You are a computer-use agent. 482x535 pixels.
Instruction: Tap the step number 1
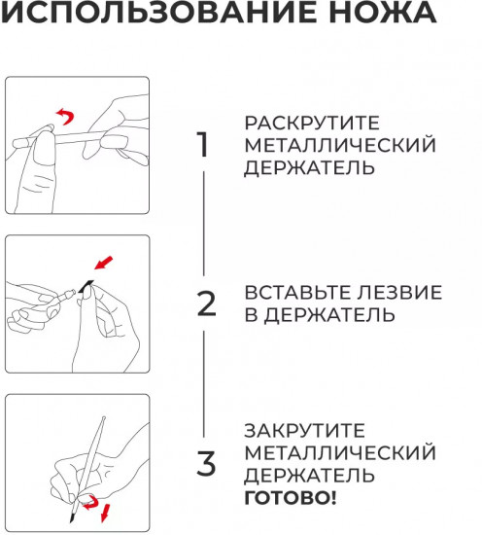pos(203,145)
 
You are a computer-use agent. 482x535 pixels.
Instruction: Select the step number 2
pos(206,304)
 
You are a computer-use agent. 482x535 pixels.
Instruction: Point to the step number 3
pos(206,463)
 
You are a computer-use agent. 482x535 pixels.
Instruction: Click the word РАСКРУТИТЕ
pos(312,124)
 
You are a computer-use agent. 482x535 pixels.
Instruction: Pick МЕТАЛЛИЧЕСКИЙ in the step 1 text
pos(340,145)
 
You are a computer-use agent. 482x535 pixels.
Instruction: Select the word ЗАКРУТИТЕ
pos(305,430)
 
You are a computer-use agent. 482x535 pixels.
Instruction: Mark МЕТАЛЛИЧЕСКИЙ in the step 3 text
pos(340,452)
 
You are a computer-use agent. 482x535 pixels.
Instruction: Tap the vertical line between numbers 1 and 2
pos(204,224)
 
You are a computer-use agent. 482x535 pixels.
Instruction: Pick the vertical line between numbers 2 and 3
pos(204,384)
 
